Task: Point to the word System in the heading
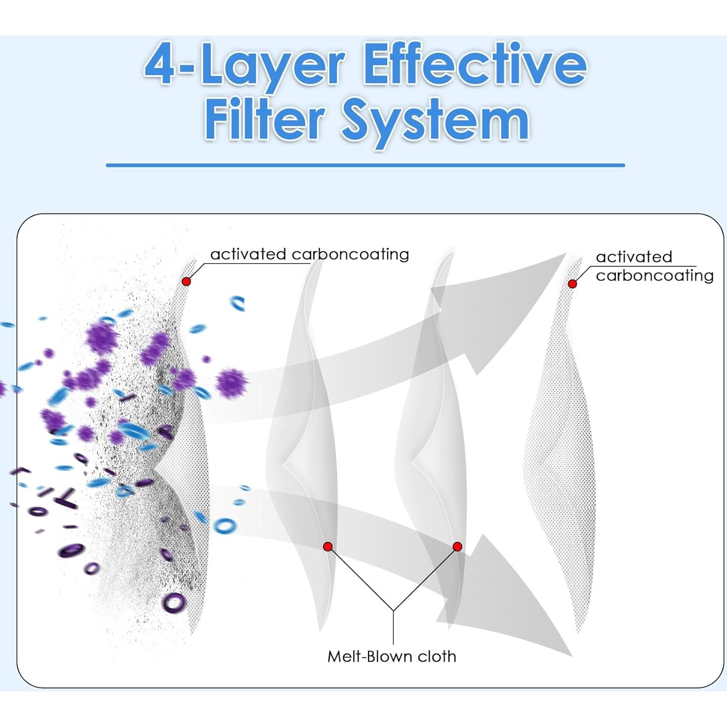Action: click(x=435, y=120)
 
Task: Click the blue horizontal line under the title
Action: click(x=365, y=165)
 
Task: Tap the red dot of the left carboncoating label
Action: click(x=186, y=281)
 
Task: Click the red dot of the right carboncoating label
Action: click(x=572, y=284)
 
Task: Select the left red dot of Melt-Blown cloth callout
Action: click(x=327, y=546)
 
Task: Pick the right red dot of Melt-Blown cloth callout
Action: click(x=457, y=546)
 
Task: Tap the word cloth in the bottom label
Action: click(x=437, y=656)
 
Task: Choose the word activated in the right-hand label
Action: click(x=634, y=257)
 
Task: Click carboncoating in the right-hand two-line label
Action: click(x=654, y=275)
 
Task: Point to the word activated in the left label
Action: click(x=248, y=254)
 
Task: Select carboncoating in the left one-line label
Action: click(x=350, y=254)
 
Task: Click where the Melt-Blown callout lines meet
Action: click(x=393, y=611)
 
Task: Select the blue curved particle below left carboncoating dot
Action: click(x=238, y=303)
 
